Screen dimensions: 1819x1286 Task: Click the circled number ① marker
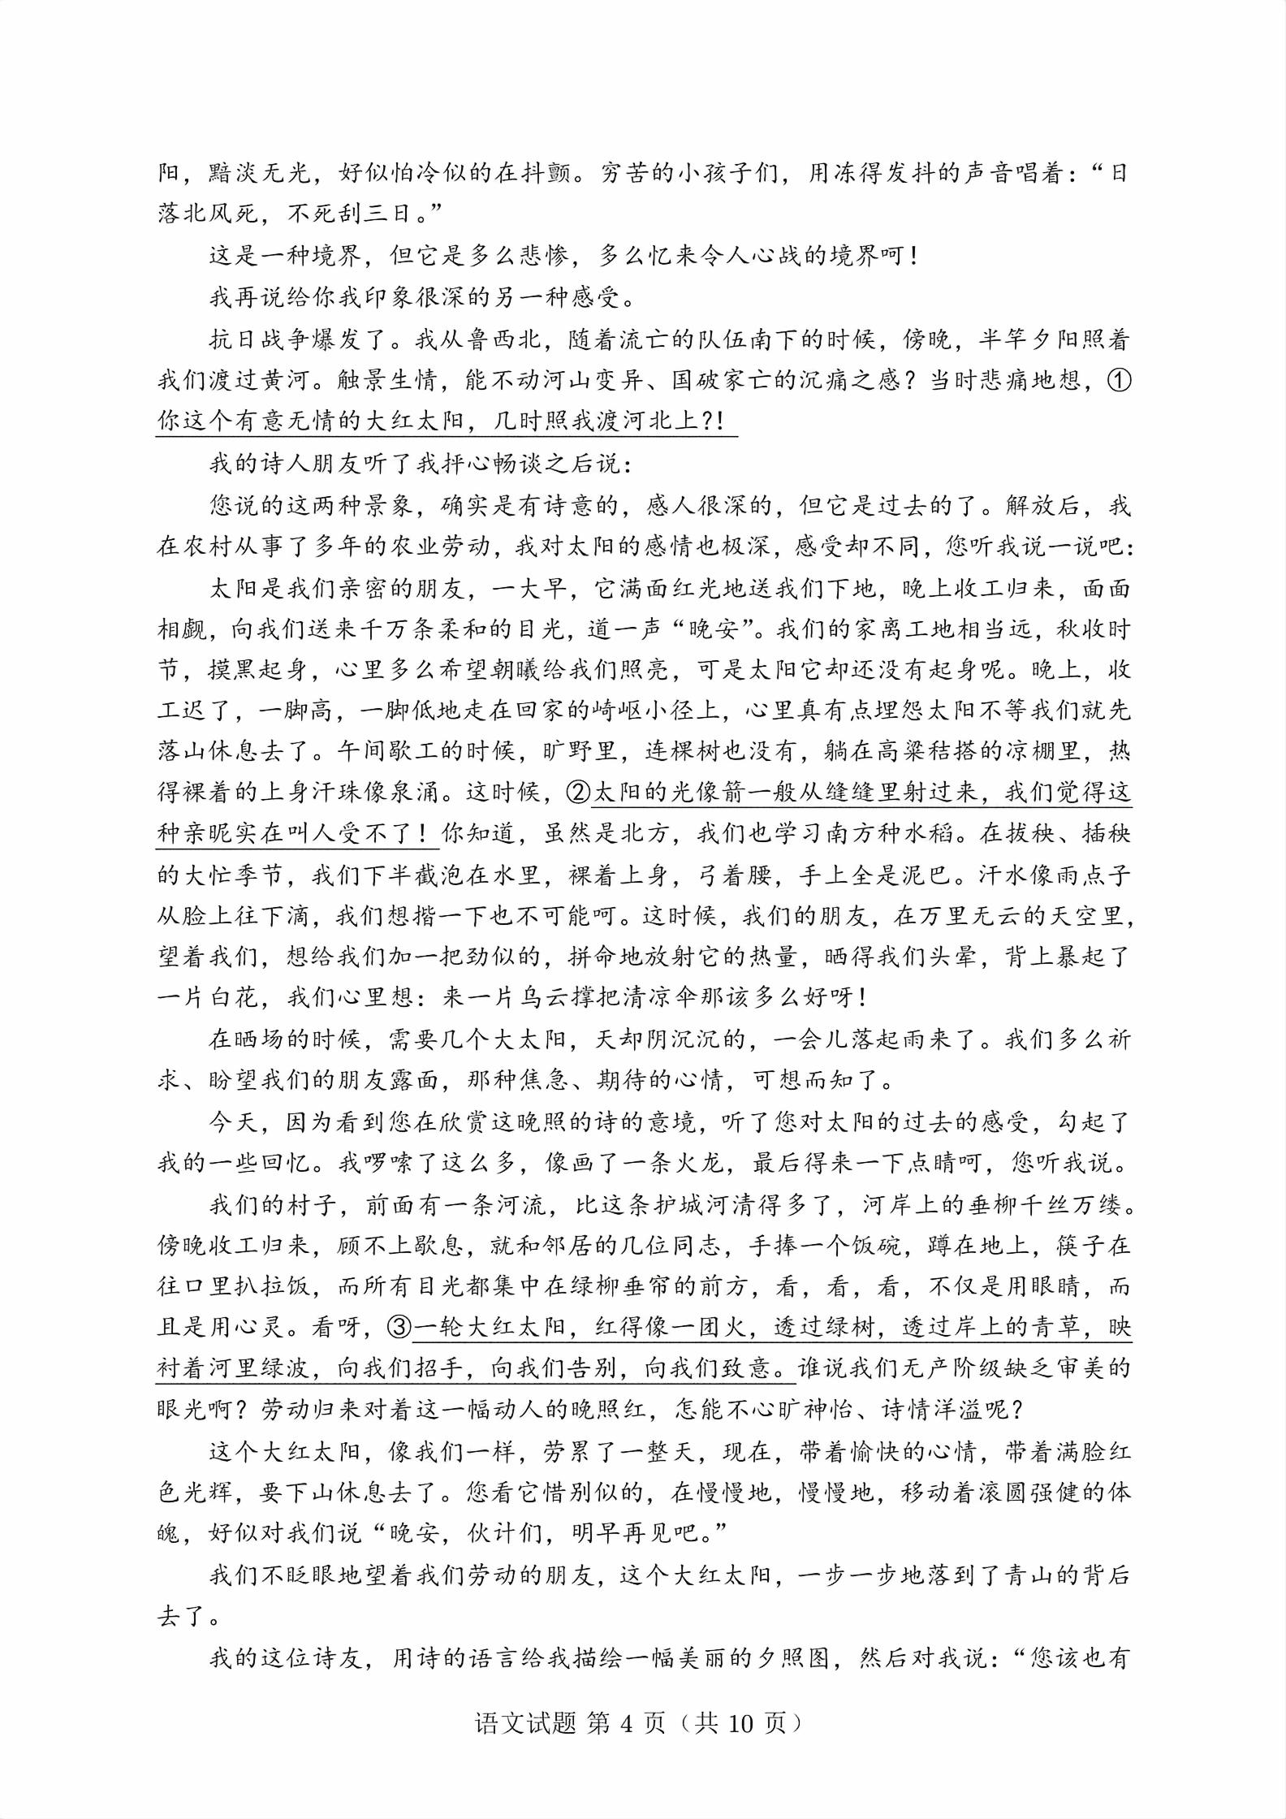pos(1119,380)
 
